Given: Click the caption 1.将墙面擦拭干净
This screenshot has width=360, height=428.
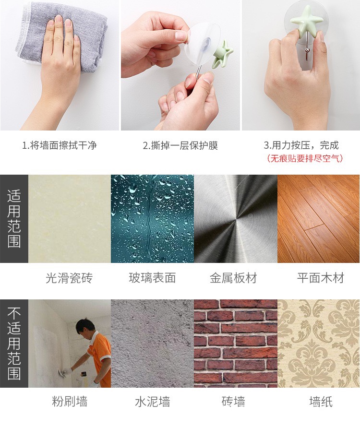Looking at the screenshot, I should (60, 145).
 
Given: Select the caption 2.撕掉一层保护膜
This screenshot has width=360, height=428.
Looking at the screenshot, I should (180, 145).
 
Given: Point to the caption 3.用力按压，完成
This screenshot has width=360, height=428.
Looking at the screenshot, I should (301, 145).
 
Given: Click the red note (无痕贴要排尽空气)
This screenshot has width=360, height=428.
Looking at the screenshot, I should (304, 158).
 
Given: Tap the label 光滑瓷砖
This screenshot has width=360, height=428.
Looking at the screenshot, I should (69, 278).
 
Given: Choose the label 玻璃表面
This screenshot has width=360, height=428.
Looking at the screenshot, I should (152, 278).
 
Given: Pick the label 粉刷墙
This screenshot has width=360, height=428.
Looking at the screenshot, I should (70, 401).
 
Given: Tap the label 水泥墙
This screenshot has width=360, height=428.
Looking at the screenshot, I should (152, 401).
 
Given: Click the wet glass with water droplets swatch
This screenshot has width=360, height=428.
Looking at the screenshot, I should (152, 219).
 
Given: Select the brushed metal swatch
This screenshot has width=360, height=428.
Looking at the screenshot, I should (236, 219).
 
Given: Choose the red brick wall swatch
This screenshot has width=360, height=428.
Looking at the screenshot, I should (236, 344).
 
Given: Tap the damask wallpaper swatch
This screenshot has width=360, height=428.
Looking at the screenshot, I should (319, 344).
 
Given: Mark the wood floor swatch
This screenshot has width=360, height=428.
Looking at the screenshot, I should (319, 219).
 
